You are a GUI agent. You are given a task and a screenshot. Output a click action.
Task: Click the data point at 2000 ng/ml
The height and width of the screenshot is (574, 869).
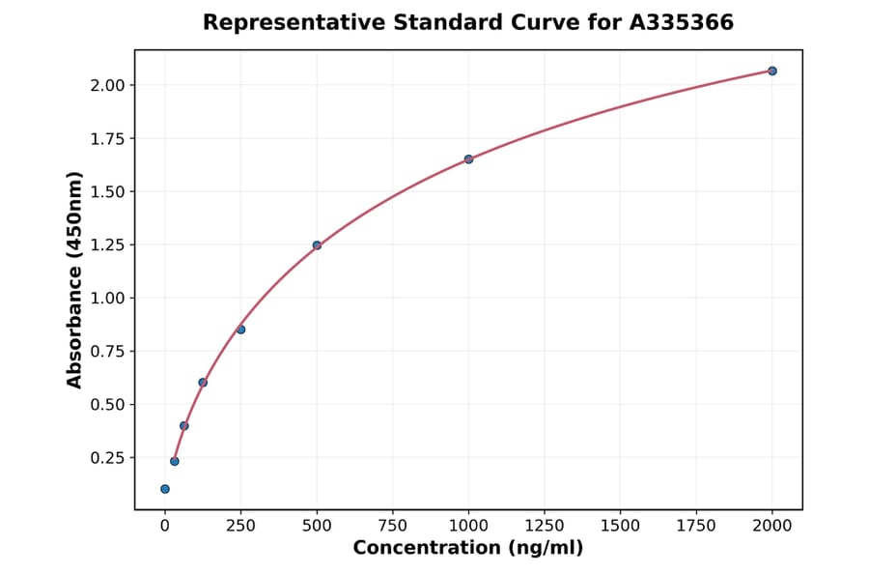tap(772, 71)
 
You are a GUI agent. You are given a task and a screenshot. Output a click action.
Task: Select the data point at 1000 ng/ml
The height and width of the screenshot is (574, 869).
tap(468, 158)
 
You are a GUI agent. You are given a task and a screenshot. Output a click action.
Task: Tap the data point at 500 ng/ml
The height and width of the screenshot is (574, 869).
tap(317, 245)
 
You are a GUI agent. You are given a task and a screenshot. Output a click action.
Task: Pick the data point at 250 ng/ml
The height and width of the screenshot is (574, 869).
tap(240, 330)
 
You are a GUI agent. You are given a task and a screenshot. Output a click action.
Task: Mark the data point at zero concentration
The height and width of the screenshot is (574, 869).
tap(165, 489)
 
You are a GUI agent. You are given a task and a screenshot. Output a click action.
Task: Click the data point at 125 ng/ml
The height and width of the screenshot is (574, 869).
tap(203, 383)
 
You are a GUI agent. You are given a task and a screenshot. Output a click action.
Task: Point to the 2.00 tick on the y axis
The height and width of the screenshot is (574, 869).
tap(107, 86)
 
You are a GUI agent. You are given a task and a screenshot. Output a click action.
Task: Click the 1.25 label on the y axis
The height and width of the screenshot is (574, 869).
tap(107, 245)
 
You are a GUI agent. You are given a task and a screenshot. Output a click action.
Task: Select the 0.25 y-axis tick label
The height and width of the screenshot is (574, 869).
tap(107, 458)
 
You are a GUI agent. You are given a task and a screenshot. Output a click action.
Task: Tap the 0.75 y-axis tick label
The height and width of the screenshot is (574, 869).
tap(107, 352)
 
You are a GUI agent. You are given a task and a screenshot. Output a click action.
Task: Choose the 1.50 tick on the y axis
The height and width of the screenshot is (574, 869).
tap(107, 192)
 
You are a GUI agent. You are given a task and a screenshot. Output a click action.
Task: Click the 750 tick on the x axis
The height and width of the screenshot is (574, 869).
tap(393, 526)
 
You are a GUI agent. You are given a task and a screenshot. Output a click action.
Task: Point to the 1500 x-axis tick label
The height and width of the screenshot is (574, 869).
tap(621, 526)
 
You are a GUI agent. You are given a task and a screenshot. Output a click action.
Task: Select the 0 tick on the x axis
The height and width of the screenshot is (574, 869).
tap(165, 526)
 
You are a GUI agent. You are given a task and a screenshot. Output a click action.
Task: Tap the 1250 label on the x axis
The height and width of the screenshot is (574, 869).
tap(545, 526)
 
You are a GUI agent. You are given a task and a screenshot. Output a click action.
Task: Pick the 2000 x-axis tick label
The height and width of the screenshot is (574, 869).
tap(772, 526)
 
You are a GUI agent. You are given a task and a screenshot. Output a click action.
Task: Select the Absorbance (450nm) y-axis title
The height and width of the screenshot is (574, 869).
tap(75, 279)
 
